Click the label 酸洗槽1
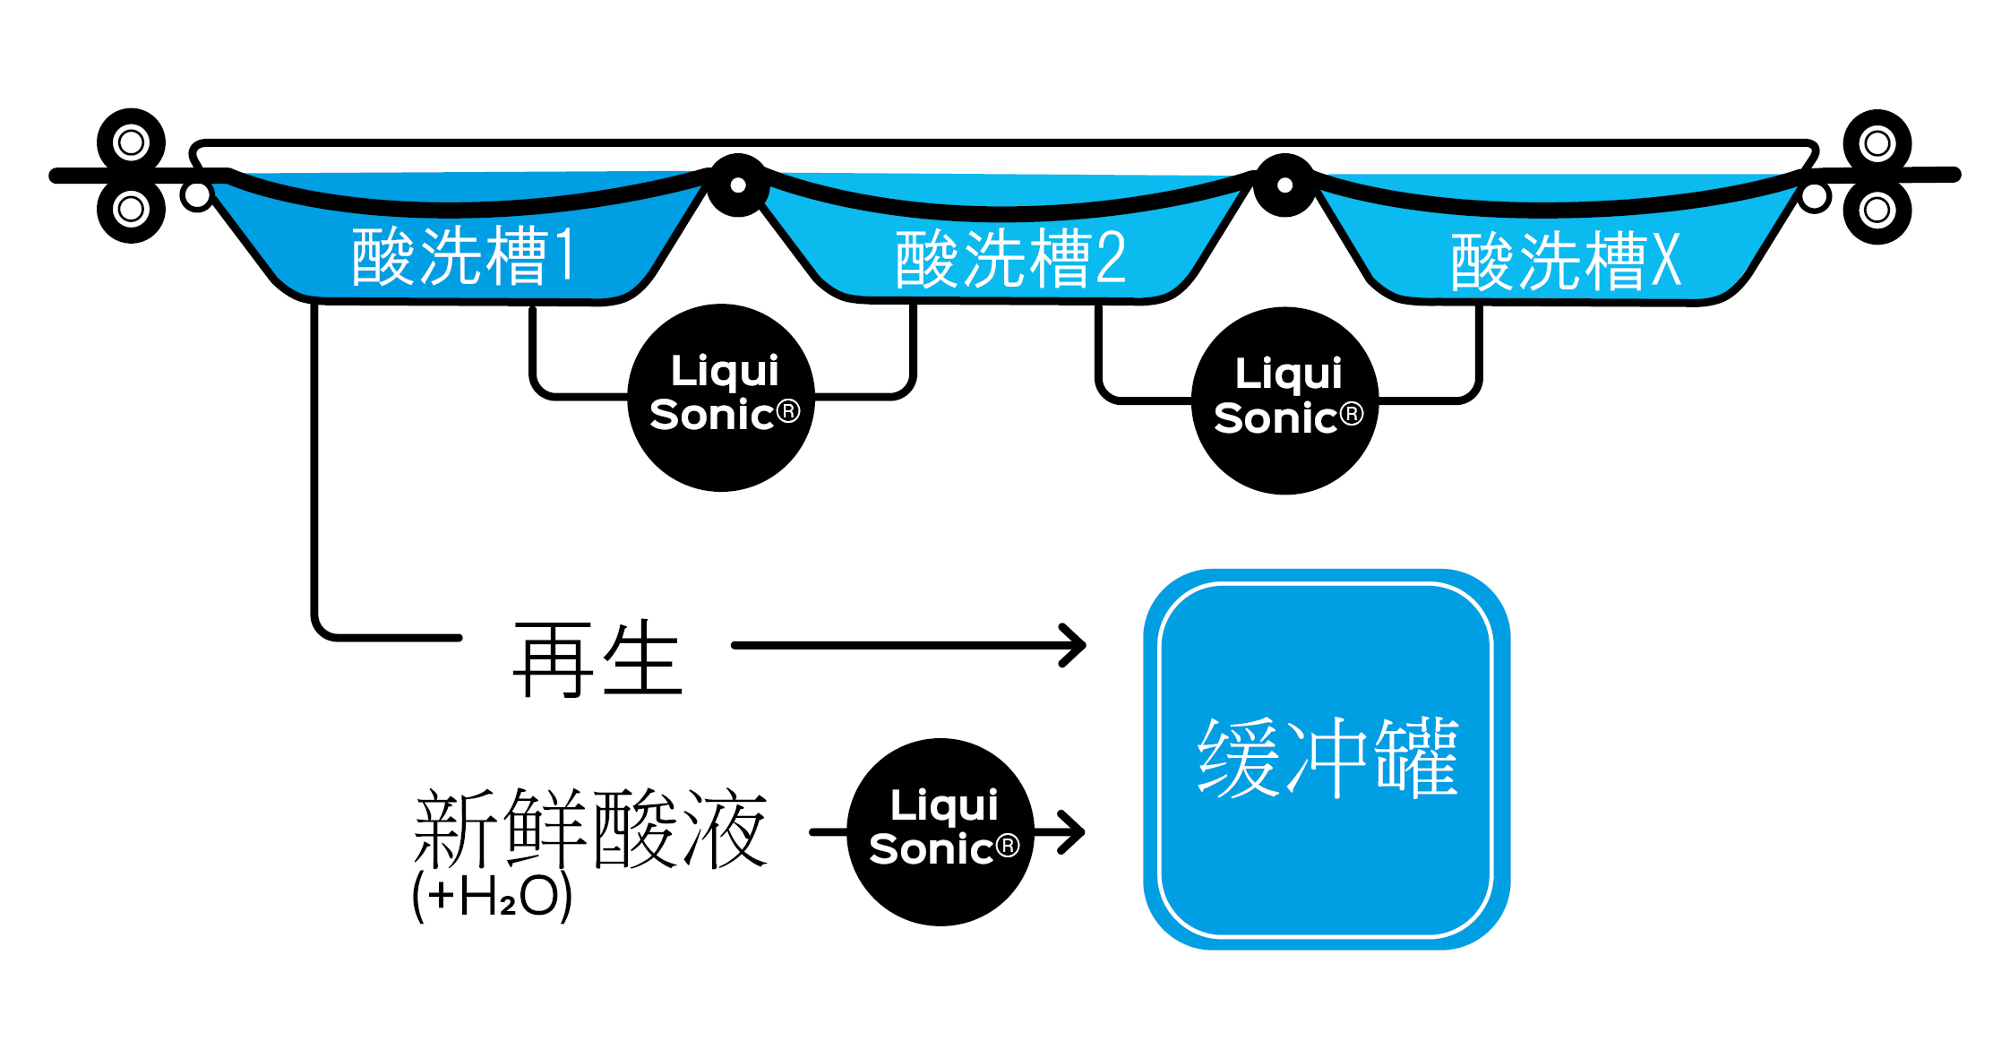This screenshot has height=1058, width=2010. [x=462, y=256]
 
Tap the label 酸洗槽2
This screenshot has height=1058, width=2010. [x=1010, y=259]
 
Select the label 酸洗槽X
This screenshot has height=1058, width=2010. [x=1566, y=262]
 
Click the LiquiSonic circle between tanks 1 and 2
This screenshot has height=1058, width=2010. [x=722, y=397]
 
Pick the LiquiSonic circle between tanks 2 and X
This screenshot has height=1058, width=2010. [x=1285, y=400]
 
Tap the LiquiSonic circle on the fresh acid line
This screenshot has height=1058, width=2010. [x=941, y=831]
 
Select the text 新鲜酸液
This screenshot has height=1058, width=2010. [x=590, y=829]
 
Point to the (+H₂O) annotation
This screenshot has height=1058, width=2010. [x=492, y=896]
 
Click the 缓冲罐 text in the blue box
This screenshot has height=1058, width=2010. [x=1328, y=758]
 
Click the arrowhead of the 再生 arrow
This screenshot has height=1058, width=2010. [x=1075, y=645]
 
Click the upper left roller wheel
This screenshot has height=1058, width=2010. [x=131, y=142]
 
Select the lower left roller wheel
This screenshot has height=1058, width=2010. [x=131, y=210]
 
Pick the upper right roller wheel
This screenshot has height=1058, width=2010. [x=1877, y=143]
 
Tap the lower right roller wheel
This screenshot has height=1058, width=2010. [x=1877, y=211]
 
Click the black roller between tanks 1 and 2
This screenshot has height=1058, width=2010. [x=738, y=185]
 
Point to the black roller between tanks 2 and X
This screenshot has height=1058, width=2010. [x=1284, y=185]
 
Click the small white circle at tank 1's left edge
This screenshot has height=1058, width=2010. [x=197, y=195]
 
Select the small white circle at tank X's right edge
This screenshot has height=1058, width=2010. [x=1815, y=197]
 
